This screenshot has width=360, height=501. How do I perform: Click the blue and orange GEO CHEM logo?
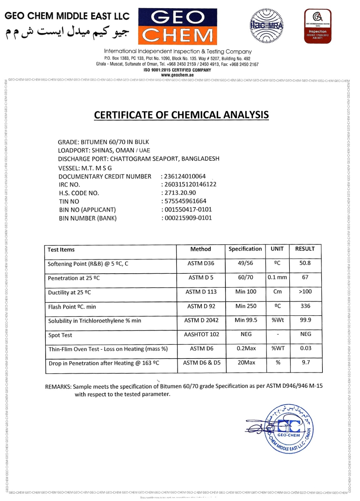(177, 27)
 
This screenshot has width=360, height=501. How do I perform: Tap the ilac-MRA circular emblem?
(266, 26)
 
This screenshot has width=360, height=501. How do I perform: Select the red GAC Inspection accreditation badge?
(317, 26)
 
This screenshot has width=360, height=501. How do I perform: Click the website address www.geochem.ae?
(177, 75)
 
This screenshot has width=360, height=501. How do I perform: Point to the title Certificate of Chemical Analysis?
(181, 115)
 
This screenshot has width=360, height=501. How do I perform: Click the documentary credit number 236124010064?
(185, 176)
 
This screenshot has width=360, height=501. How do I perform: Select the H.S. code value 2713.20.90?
(180, 193)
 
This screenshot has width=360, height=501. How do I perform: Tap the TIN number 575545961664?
(185, 201)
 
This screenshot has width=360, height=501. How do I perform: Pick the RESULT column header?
(305, 249)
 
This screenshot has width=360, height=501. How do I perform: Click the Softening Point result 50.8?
(305, 263)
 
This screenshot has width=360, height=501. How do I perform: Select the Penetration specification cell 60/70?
(245, 277)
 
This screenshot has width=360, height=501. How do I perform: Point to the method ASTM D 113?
(201, 292)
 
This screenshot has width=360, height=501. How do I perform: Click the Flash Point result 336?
(305, 306)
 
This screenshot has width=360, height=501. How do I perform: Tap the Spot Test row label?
(60, 335)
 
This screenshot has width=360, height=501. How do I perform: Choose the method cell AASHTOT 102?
(201, 334)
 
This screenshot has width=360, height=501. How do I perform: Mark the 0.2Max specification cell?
(246, 349)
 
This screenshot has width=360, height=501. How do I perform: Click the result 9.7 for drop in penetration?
(306, 362)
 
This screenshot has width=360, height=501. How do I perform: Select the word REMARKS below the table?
(58, 387)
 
